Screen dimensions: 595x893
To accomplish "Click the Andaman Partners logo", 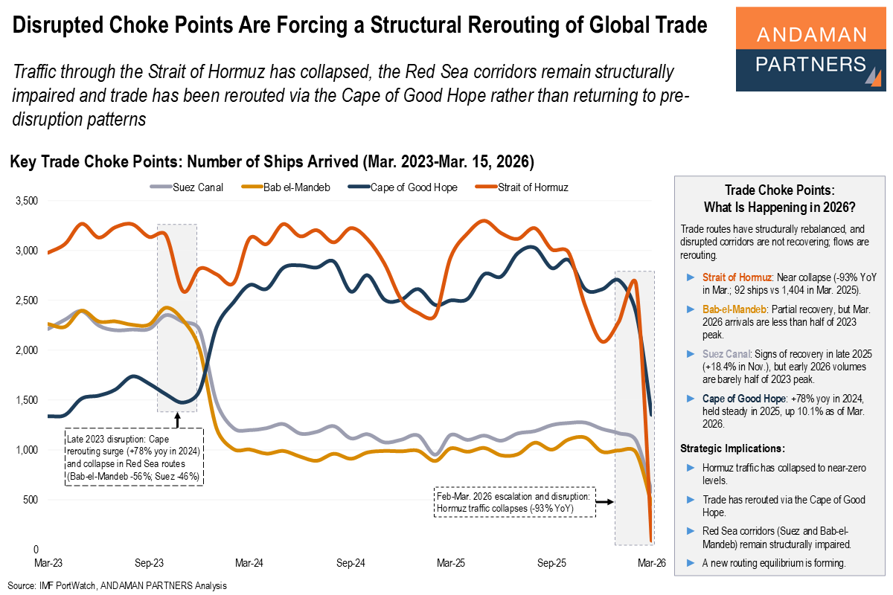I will pyautogui.click(x=811, y=49).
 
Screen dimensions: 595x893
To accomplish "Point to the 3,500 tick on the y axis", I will pyautogui.click(x=26, y=201).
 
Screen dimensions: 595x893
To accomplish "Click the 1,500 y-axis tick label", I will pyautogui.click(x=26, y=400).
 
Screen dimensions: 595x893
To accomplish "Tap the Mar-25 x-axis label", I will pyautogui.click(x=450, y=564).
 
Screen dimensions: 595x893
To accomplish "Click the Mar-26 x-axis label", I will pyautogui.click(x=651, y=564).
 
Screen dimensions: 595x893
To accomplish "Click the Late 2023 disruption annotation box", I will pyautogui.click(x=134, y=457).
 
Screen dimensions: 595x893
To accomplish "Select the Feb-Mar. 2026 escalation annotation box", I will pyautogui.click(x=514, y=502).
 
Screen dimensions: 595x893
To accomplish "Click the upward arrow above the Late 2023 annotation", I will pyautogui.click(x=177, y=419).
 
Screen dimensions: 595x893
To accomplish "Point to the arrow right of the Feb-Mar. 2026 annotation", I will pyautogui.click(x=604, y=502).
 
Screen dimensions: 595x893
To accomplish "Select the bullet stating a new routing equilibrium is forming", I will pyautogui.click(x=774, y=562).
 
